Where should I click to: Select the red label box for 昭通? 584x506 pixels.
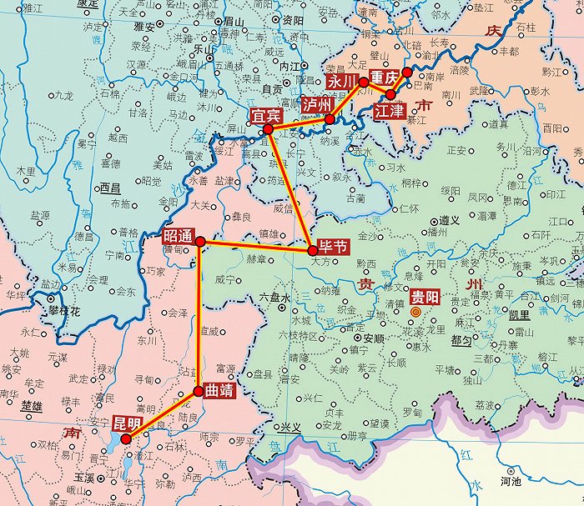point(179,235)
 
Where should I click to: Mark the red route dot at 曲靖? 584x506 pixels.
point(199,390)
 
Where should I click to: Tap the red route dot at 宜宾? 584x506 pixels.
point(269,130)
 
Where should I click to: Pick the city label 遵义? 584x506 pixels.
point(451,221)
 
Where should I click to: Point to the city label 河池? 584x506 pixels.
point(511,481)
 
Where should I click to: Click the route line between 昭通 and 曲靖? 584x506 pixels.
point(199,317)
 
